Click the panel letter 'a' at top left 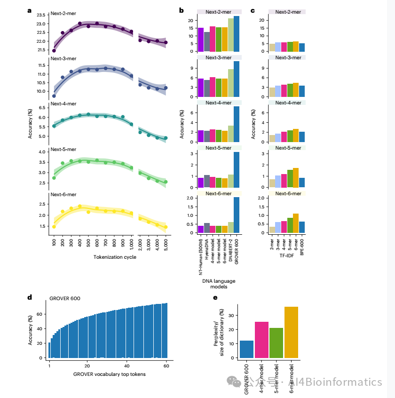click(30, 10)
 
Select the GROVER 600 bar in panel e click(247, 349)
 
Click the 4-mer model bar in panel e click(261, 339)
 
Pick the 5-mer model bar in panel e click(276, 342)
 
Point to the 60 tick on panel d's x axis click(166, 366)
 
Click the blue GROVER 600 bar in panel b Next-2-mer click(237, 33)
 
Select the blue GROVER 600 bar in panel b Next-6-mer click(237, 215)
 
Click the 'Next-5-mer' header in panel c click(287, 148)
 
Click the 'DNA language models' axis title click(218, 284)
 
